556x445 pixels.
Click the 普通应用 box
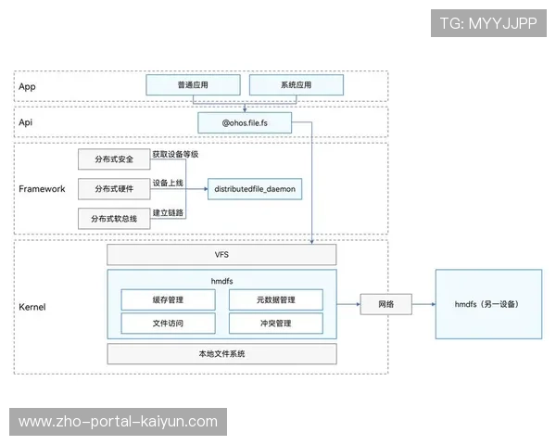click(193, 85)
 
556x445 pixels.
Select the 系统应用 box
click(296, 85)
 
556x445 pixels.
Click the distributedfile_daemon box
click(254, 188)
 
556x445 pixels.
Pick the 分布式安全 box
click(114, 159)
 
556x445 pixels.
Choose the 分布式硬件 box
click(114, 189)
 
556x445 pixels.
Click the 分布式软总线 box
click(114, 219)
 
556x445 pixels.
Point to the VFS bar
click(221, 254)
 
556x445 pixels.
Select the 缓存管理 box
click(168, 299)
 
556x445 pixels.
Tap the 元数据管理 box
click(275, 299)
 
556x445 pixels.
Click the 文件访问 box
click(168, 324)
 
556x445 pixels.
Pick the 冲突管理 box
click(275, 324)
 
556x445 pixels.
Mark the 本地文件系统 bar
click(221, 354)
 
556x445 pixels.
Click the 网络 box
click(386, 304)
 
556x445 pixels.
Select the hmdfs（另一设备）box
click(486, 304)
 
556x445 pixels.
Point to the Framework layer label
click(42, 188)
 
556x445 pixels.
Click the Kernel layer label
click(32, 306)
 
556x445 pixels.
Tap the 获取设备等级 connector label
click(175, 154)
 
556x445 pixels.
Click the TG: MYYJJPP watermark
click(488, 23)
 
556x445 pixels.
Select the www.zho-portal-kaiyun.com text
click(118, 422)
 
